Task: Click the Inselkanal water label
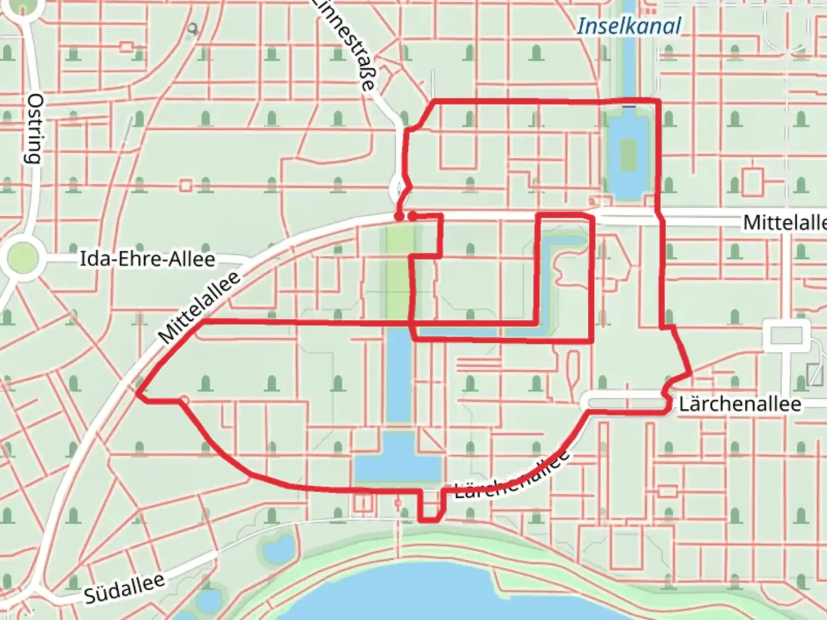(629, 26)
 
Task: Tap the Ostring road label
(35, 129)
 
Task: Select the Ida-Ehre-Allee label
(147, 259)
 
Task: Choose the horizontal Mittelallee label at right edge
(785, 222)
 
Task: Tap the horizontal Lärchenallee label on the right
(740, 404)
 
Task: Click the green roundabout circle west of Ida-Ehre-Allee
(23, 258)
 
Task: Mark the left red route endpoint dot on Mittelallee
(398, 216)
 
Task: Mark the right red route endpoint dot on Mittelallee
(412, 216)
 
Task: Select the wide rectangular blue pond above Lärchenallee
(396, 459)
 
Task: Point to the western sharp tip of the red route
(137, 394)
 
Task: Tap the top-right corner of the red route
(658, 101)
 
